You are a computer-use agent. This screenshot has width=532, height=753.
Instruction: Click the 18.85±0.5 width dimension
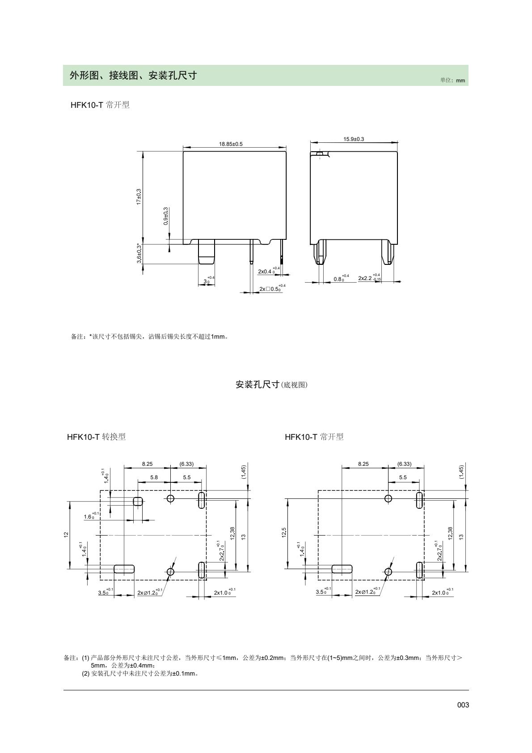[x=231, y=144]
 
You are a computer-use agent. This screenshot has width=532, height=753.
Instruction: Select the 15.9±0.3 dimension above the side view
[x=354, y=139]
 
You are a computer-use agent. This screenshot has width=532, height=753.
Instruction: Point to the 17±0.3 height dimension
[x=139, y=197]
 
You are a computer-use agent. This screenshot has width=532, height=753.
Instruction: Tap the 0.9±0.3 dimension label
[x=166, y=216]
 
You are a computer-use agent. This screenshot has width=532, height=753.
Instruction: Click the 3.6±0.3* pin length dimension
[x=139, y=254]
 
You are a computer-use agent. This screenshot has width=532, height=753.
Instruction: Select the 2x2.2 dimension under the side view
[x=369, y=278]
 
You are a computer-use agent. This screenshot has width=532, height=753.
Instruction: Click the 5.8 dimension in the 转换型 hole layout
[x=154, y=477]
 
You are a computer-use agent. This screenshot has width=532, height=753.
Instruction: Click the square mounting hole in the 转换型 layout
[x=138, y=501]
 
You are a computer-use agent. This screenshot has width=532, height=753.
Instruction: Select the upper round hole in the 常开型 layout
[x=388, y=498]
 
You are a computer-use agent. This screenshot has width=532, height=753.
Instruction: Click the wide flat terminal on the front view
[x=206, y=252]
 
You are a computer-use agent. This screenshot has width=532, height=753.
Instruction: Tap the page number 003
[x=463, y=705]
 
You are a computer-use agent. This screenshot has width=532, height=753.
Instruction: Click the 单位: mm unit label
[x=453, y=81]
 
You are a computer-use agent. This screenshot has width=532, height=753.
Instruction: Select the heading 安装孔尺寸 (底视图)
[x=272, y=384]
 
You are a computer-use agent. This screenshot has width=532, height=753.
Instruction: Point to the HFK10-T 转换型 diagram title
[x=96, y=437]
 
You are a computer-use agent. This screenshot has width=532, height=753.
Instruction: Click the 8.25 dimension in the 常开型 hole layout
[x=363, y=464]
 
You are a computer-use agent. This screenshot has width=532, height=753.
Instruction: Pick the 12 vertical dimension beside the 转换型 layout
[x=66, y=534]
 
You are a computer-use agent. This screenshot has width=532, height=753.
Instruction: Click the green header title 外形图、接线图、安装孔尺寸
[x=133, y=76]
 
